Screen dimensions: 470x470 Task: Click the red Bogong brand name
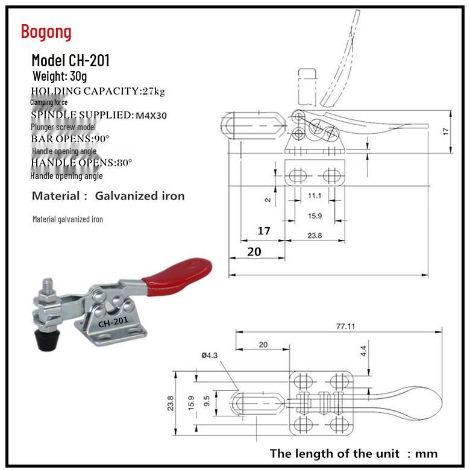pos(46,31)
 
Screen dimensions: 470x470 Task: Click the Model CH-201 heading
pos(70,60)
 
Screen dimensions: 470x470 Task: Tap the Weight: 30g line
pos(60,77)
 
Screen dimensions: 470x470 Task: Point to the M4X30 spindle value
pos(151,115)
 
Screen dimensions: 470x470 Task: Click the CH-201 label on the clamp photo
pos(113,322)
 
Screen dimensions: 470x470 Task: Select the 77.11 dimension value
pos(345,326)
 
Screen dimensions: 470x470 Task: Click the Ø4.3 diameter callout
pos(209,356)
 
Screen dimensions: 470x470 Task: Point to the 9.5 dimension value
pos(207,402)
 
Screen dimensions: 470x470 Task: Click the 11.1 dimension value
pos(314,196)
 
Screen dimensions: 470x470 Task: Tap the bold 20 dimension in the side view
pos(254,251)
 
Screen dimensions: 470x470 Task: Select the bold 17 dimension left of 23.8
pos(264,230)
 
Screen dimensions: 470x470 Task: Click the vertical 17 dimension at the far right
pos(446,130)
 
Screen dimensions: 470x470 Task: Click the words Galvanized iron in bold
pos(140,196)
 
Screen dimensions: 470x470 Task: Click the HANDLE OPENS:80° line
pos(81,163)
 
